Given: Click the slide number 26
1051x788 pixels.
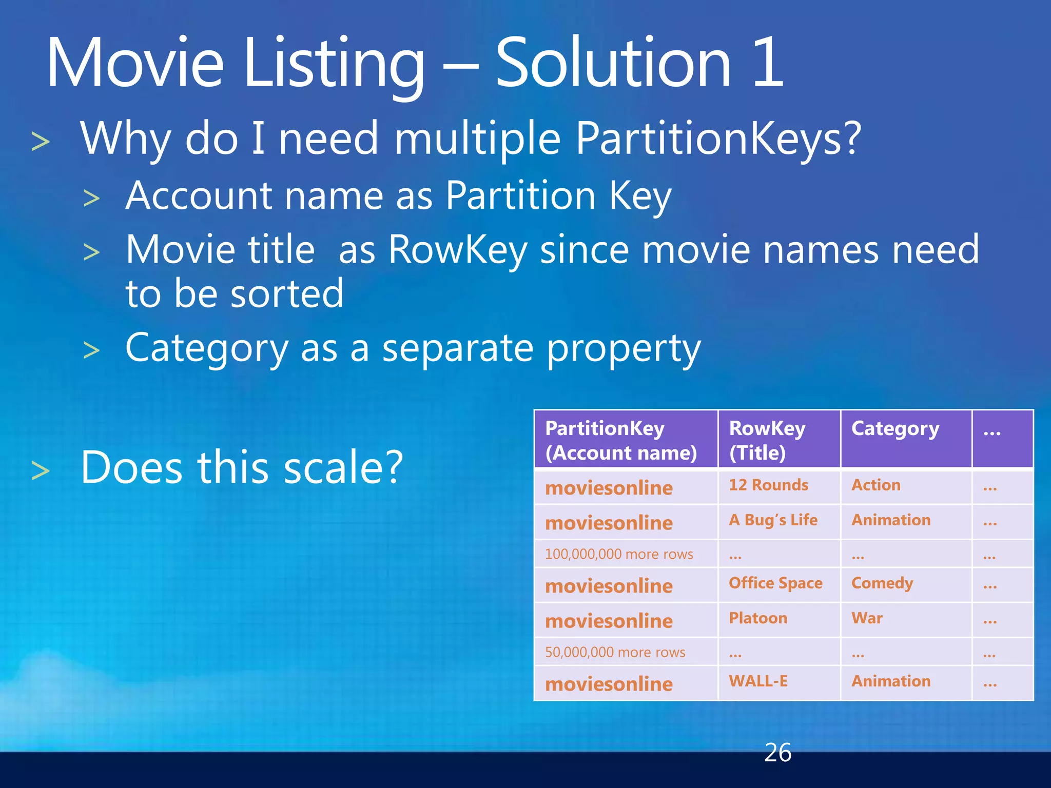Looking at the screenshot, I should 777,753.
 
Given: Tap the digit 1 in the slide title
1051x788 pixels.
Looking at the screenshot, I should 768,63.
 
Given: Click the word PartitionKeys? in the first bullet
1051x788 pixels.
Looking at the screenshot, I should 718,138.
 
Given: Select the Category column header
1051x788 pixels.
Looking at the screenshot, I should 895,429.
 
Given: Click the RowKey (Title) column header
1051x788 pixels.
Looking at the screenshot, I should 767,440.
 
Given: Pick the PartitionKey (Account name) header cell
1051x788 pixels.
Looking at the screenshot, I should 621,440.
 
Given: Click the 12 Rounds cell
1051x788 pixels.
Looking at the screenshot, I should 768,485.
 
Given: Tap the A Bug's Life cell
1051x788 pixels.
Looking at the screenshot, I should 773,520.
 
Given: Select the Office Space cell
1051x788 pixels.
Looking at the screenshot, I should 775,583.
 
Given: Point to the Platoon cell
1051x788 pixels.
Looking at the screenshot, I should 758,618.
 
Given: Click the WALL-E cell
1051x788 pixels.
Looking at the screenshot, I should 758,681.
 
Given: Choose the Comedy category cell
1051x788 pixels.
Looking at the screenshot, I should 882,583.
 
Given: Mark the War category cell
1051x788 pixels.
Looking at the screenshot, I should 867,618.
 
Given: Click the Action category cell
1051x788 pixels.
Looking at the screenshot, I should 876,485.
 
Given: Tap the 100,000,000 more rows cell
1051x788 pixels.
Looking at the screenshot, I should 619,554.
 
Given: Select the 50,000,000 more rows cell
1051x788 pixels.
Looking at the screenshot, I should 615,652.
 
